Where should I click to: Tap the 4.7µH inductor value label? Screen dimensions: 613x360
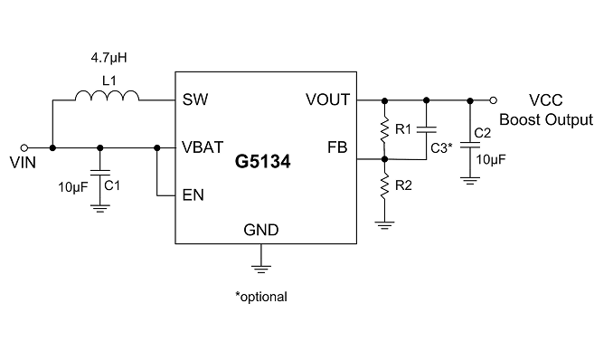[x=109, y=58]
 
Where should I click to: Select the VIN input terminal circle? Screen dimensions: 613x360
[x=24, y=148]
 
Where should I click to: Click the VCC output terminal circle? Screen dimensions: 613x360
[x=494, y=100]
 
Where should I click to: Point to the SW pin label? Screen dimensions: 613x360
[x=195, y=99]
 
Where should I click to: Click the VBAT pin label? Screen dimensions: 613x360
[x=203, y=147]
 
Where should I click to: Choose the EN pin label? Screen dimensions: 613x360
[x=193, y=194]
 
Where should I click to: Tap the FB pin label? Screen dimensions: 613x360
[x=337, y=147]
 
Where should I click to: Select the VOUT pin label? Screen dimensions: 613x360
[x=327, y=99]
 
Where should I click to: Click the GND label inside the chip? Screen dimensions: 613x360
[x=260, y=230]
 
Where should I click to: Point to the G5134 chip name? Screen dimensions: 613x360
[x=263, y=162]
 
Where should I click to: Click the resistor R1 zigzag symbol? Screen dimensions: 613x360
[x=384, y=128]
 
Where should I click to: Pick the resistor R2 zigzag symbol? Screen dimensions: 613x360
[x=384, y=185]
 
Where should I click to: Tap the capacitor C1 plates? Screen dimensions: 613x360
[x=100, y=173]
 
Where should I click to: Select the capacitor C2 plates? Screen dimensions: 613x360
[x=470, y=145]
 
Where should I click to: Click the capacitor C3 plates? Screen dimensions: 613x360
[x=427, y=129]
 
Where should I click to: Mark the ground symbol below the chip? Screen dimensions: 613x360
[x=260, y=269]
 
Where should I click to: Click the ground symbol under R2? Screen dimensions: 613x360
[x=384, y=225]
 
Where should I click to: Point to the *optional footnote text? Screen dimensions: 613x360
[x=261, y=297]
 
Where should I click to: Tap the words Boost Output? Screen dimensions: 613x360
[x=546, y=119]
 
